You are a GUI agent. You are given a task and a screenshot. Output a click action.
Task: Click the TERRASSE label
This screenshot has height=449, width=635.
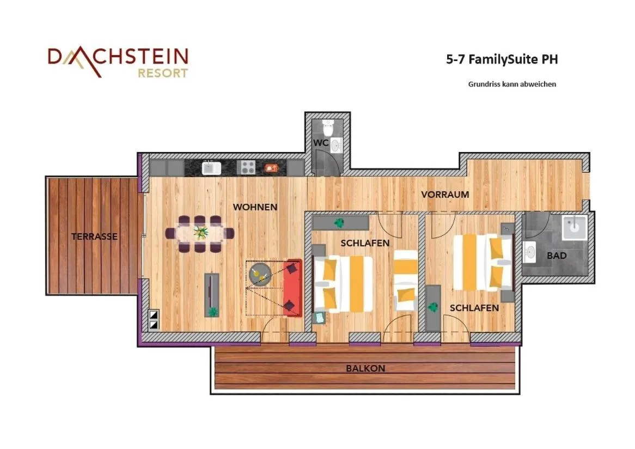[94, 236]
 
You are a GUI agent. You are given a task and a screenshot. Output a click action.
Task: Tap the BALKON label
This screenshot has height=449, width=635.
[365, 368]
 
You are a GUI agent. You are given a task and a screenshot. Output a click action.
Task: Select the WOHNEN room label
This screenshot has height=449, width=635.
[255, 207]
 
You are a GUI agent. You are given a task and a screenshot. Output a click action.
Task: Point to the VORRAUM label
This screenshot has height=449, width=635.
[445, 195]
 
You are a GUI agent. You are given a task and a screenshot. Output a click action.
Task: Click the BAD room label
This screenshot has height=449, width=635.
[557, 255]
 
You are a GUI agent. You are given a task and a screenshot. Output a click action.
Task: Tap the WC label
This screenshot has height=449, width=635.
[321, 142]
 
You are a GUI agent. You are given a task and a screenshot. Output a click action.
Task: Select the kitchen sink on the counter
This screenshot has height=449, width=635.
[211, 168]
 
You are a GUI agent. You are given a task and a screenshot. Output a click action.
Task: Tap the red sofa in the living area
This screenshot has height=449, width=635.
[292, 287]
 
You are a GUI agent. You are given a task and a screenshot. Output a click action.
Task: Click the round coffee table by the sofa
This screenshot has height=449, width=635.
[260, 274]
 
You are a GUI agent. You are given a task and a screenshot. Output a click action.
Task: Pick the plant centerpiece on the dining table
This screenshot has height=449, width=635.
[201, 233]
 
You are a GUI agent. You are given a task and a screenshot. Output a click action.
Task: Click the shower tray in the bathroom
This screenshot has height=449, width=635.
[575, 228]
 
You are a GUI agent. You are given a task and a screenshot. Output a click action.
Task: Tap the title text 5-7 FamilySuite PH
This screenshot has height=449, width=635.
[502, 59]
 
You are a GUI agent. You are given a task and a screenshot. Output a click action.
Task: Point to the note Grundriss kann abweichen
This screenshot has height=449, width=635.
[512, 84]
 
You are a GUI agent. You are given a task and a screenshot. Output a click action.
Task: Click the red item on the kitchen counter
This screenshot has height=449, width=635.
[271, 168]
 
